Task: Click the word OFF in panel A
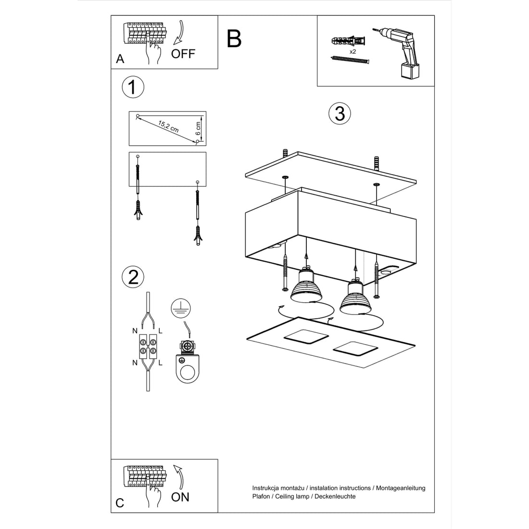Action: click(183, 53)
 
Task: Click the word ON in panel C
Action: click(180, 497)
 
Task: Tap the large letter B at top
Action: click(234, 39)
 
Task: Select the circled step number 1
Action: click(133, 87)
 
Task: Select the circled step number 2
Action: click(133, 277)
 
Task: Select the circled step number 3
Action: click(340, 113)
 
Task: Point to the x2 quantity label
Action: click(353, 51)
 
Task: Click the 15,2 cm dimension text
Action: click(168, 127)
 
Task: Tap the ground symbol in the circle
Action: click(180, 308)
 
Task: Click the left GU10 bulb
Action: click(306, 287)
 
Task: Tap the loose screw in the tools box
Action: click(350, 60)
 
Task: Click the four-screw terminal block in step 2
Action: click(148, 346)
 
